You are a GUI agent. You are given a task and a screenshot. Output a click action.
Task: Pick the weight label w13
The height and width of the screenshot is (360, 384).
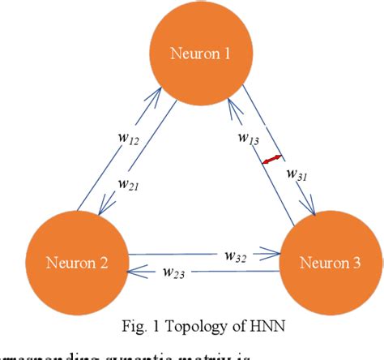tap(249, 139)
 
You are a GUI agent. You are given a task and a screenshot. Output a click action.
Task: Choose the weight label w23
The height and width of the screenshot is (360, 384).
tap(173, 274)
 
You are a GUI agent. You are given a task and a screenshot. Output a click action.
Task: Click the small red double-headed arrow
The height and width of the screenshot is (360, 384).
tap(272, 160)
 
